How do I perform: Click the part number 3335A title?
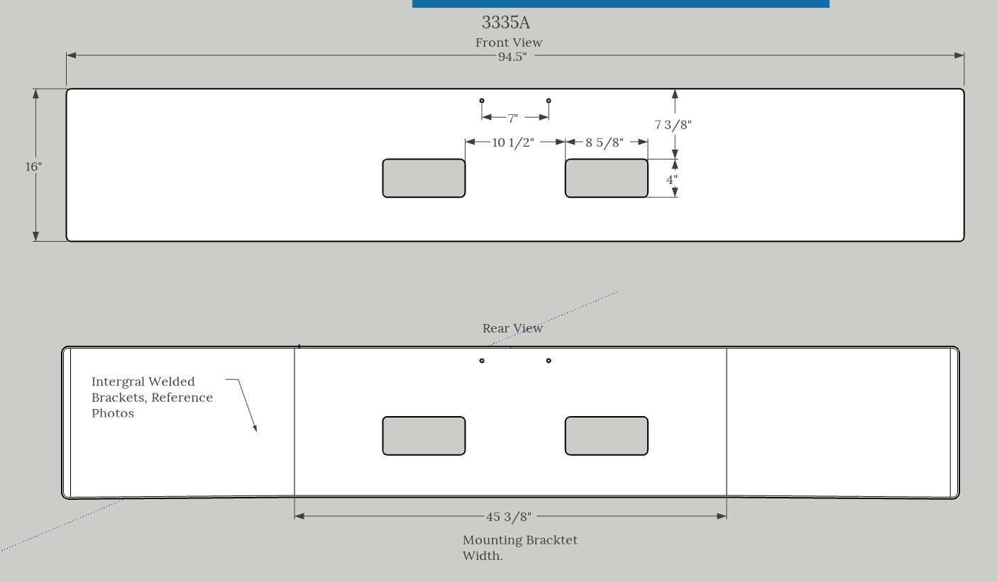506,22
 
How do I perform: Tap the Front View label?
509,43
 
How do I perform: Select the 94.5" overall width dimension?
512,57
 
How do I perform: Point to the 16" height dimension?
33,167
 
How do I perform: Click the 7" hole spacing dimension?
513,118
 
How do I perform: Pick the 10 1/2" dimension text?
513,142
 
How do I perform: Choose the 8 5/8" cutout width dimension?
604,142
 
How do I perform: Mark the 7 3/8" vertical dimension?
673,125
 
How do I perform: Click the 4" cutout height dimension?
671,179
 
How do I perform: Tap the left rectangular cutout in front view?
424,179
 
